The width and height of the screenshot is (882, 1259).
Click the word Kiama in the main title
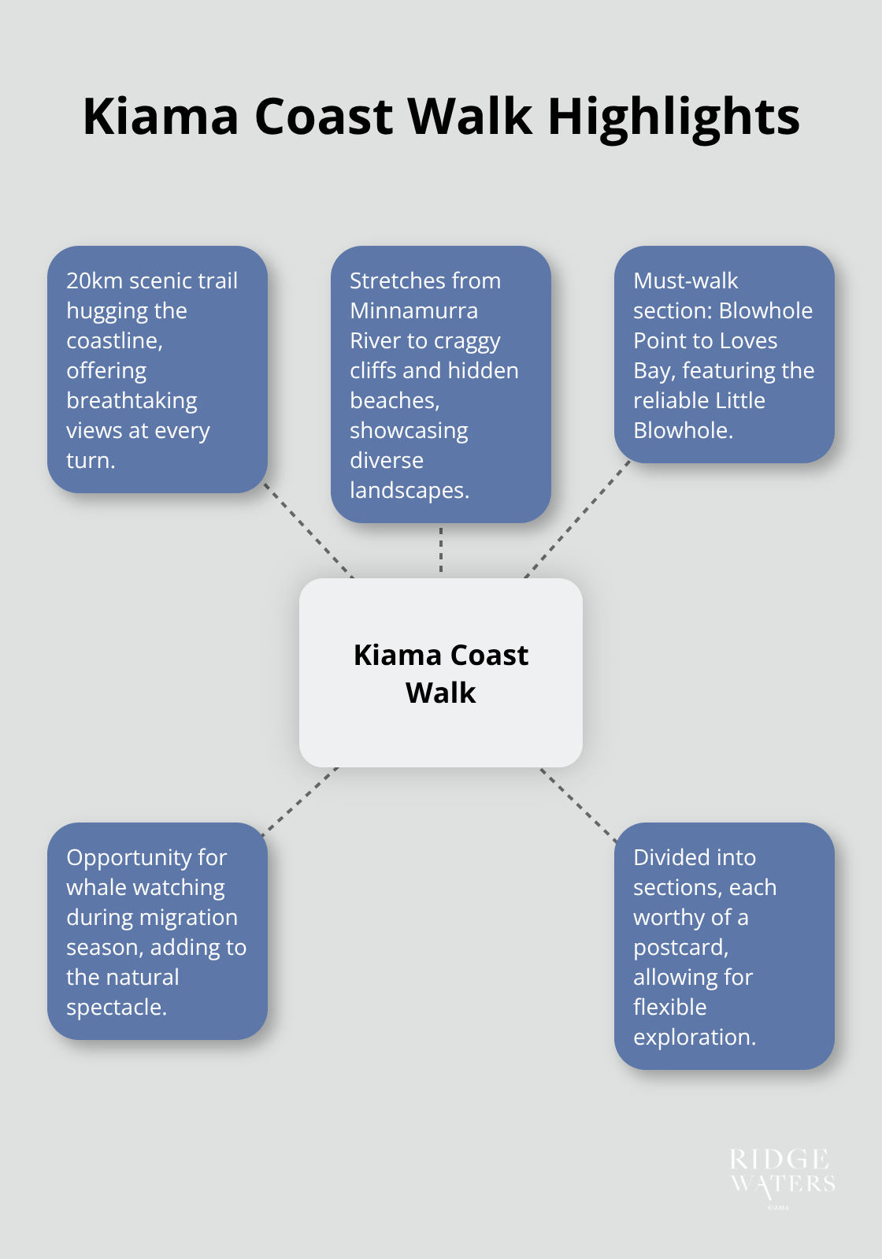tap(161, 117)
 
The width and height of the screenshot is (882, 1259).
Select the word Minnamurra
tap(413, 311)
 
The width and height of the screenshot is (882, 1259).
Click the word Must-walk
tap(685, 281)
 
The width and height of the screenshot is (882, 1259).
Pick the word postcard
tap(680, 948)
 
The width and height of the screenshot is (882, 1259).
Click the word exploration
tap(693, 1038)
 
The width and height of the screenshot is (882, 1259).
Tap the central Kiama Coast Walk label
tap(441, 674)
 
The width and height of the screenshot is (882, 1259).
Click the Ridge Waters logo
tap(781, 1177)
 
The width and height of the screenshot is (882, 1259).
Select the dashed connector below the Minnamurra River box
tap(441, 550)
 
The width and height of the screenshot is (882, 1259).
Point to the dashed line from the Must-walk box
tap(577, 520)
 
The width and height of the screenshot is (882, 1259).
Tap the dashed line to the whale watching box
tap(299, 800)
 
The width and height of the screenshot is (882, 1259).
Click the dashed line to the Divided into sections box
tap(579, 805)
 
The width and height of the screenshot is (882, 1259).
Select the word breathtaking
tap(132, 401)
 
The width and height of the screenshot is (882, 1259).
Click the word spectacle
tap(116, 1008)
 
